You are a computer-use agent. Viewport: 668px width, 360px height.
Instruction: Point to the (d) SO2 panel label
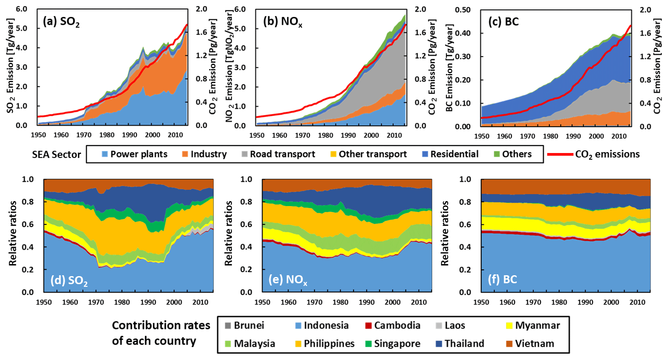(x=70, y=281)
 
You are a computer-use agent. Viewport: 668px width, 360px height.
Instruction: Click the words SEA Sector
(x=54, y=154)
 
